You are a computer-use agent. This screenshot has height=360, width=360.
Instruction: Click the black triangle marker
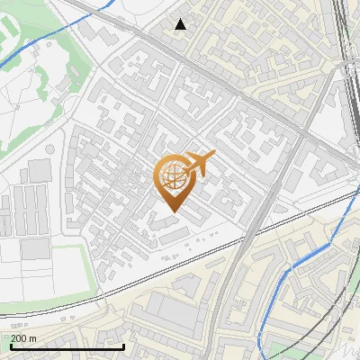point(181,24)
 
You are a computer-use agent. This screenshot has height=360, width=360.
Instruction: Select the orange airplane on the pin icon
point(201,165)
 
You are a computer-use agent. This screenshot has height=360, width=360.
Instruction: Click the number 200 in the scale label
point(19,337)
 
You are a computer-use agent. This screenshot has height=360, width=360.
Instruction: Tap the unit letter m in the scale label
point(33,337)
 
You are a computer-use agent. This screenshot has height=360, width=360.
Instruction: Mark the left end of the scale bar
point(10,346)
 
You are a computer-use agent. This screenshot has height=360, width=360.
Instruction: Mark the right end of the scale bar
point(123,346)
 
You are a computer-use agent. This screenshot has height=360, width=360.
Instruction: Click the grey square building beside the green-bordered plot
point(40,170)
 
